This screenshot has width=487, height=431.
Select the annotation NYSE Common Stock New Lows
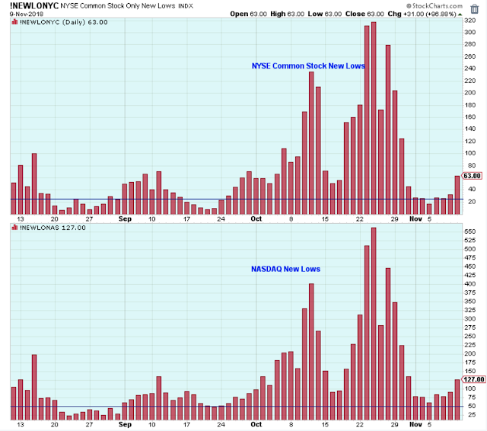[x=308, y=66]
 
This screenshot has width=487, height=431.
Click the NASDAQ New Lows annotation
[x=285, y=269]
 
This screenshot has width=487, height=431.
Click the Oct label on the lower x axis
[x=256, y=426]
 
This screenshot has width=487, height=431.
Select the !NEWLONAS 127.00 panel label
[x=45, y=228]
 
